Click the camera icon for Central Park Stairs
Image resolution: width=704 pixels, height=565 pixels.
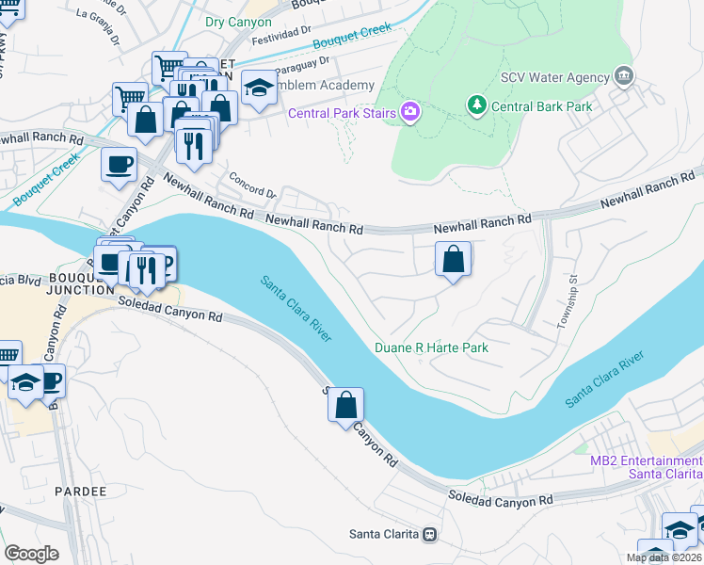(409, 113)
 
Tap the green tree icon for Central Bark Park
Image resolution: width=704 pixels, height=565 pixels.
(478, 105)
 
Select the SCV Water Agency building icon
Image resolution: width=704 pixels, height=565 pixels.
(622, 75)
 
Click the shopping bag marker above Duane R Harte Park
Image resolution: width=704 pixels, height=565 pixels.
(453, 259)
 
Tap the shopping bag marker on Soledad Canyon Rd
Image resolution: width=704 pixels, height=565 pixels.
(345, 405)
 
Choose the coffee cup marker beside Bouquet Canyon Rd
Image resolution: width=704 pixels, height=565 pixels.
(119, 164)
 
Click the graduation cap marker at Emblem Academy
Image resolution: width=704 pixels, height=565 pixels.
(259, 89)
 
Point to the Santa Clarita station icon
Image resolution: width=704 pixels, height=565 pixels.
(430, 535)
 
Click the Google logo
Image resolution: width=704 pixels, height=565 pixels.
(30, 554)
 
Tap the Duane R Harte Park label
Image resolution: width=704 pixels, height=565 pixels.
(432, 347)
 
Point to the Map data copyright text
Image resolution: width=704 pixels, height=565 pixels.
(664, 557)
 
